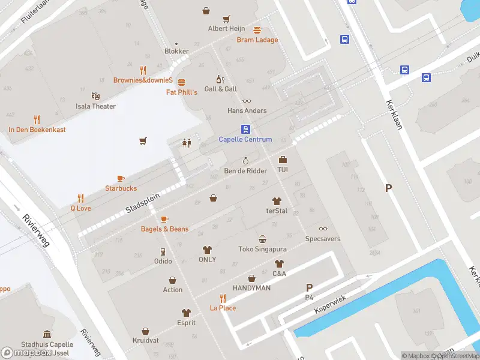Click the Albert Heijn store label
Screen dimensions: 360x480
click(226, 28)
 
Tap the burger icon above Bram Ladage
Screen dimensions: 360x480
click(257, 30)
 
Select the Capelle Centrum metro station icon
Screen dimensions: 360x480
click(245, 129)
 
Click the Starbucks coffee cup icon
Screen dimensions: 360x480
click(121, 178)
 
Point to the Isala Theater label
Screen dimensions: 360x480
click(95, 106)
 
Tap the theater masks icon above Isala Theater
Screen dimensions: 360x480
click(95, 96)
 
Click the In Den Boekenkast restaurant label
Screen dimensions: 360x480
click(37, 130)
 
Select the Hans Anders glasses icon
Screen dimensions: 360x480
click(247, 101)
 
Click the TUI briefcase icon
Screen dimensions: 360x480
click(283, 160)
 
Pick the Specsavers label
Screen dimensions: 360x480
click(323, 239)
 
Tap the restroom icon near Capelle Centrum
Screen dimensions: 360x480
click(187, 142)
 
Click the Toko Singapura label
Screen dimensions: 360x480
click(262, 249)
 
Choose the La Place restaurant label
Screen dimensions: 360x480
click(223, 308)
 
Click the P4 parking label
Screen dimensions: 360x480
click(309, 297)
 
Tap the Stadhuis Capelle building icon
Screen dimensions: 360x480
click(47, 334)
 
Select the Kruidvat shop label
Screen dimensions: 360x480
click(146, 340)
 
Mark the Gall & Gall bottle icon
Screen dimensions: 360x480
click(220, 79)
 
